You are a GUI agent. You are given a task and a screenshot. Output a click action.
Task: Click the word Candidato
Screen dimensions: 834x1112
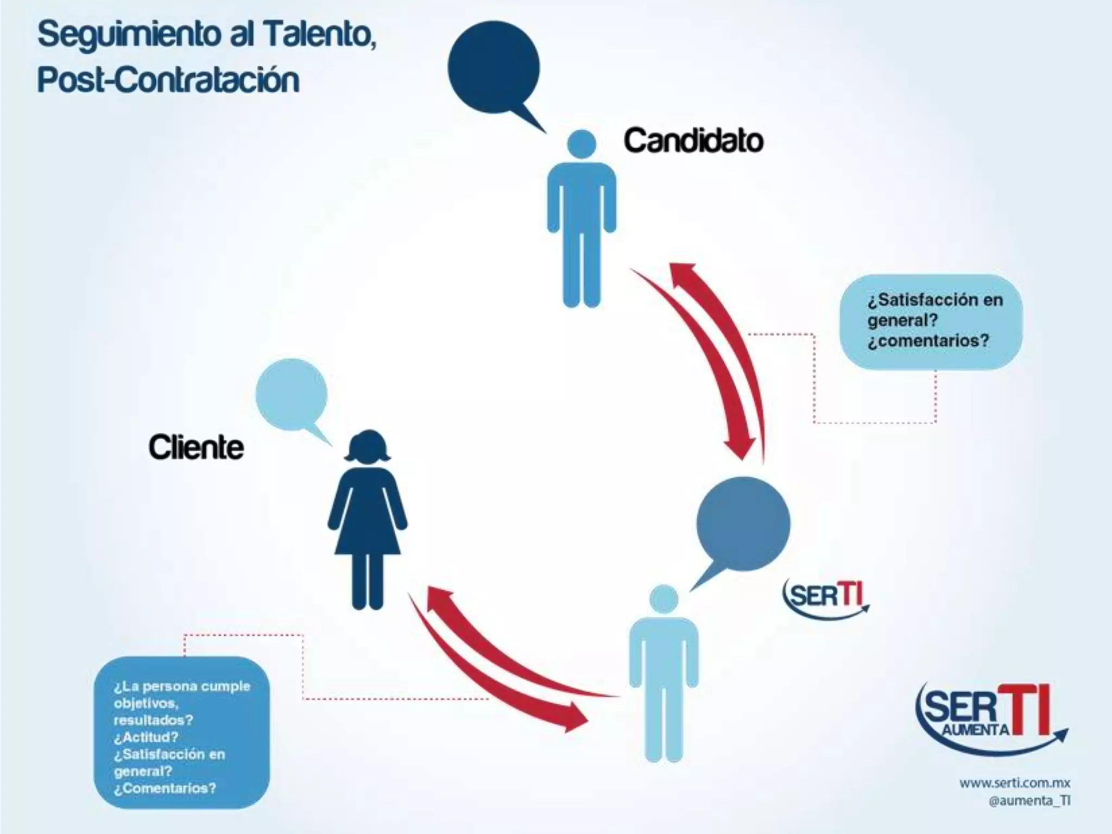693,141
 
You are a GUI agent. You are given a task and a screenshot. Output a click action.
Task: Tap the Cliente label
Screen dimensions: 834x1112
196,447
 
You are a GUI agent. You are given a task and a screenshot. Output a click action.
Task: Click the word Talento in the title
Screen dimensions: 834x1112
318,35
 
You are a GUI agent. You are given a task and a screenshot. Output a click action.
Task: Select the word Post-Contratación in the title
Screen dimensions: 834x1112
168,80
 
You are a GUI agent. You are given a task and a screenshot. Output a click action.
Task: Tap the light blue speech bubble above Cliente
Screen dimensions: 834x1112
292,394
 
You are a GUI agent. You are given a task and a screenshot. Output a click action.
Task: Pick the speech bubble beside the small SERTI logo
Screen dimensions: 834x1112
743,523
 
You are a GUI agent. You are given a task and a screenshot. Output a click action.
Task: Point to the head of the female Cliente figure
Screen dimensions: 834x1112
369,447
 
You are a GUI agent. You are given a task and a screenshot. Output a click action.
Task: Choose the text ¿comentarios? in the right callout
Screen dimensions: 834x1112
928,341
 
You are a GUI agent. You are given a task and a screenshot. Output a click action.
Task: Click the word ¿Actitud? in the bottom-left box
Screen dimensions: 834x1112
146,737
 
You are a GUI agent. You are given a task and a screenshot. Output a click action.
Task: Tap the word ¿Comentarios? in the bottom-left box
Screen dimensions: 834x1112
165,788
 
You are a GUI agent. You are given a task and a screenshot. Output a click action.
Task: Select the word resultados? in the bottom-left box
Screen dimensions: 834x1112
153,720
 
